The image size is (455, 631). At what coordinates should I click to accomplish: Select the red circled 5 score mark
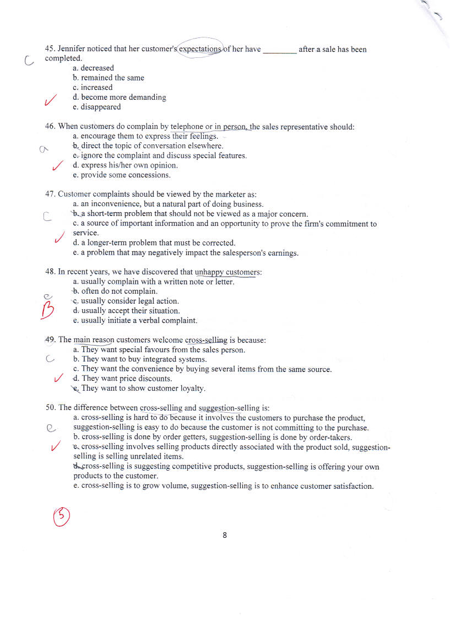tap(61, 515)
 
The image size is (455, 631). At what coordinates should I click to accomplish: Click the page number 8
tap(225, 535)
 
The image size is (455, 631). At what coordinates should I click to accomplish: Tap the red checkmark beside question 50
tap(55, 447)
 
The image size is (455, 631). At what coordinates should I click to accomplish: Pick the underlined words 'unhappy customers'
tap(227, 272)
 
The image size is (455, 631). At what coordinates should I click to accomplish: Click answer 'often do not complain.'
tap(119, 292)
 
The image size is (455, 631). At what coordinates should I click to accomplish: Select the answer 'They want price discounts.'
tap(127, 379)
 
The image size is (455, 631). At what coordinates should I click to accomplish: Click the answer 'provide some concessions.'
tap(126, 175)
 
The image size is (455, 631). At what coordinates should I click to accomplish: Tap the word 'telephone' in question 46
tap(187, 127)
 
